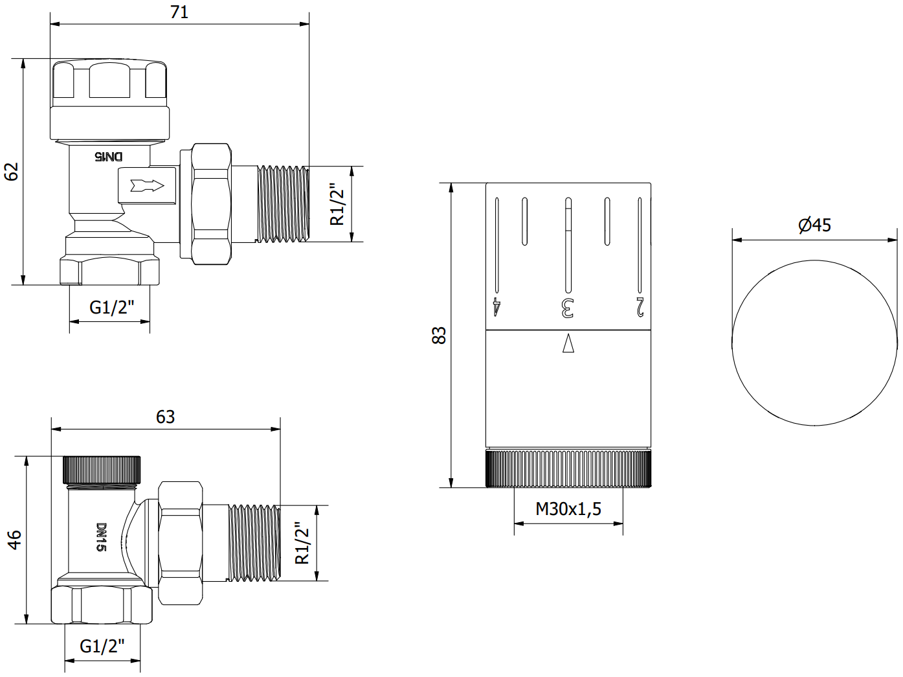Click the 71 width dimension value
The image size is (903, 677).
coord(179,12)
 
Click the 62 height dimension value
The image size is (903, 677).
coord(12,172)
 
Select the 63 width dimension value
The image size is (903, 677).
coord(165,417)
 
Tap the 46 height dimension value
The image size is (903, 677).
coord(14,540)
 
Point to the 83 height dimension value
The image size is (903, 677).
coord(439,336)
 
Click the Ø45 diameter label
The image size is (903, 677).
coord(814,225)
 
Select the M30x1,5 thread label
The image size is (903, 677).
coord(568,509)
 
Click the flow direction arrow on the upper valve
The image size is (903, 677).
coord(148,186)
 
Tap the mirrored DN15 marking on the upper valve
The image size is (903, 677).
coord(109,156)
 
